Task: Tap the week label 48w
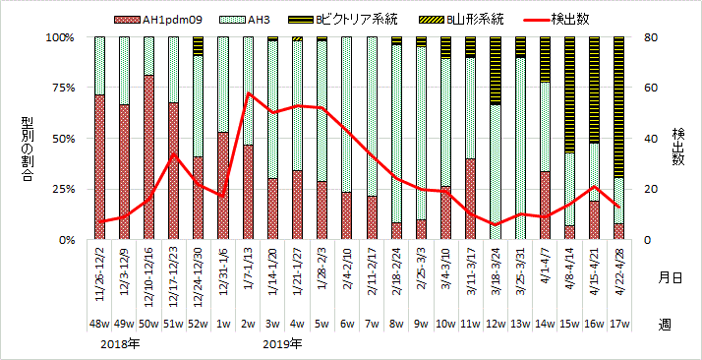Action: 99,323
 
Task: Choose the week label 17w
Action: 618,323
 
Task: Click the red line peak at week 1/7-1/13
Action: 248,93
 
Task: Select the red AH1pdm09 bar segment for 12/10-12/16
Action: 148,157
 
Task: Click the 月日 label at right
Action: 670,278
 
